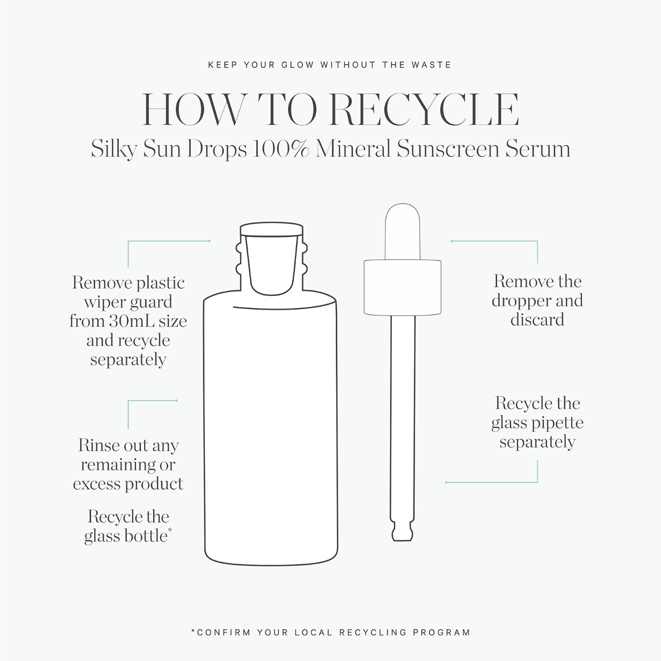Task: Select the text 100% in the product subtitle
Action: (280, 149)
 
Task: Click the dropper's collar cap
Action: (403, 287)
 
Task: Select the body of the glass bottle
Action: (271, 432)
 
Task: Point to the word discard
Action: (537, 319)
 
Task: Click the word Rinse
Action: (98, 445)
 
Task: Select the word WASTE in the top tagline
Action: (431, 65)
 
